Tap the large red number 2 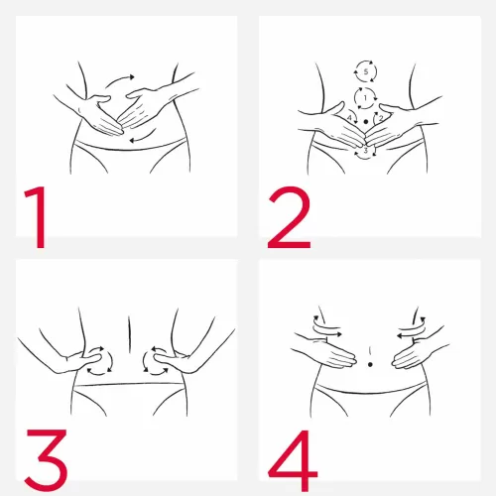pos(290,217)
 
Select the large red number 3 pos(47,459)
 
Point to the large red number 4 pos(293,460)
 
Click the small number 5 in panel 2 pos(366,71)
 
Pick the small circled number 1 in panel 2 pos(365,98)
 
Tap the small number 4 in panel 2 pos(349,118)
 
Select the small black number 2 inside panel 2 pos(381,118)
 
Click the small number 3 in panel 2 pos(365,151)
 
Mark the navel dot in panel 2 pos(365,122)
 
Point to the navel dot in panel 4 pos(370,364)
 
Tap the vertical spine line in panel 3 pos(129,334)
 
